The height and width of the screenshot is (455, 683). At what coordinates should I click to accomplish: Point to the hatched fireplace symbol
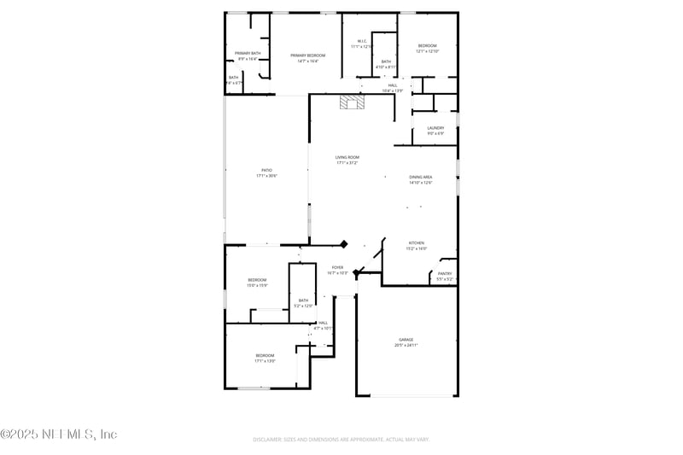[x=351, y=102]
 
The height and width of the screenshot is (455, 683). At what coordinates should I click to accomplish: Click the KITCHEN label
[x=416, y=245]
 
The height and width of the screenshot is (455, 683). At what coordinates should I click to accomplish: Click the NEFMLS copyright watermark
[x=58, y=434]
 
